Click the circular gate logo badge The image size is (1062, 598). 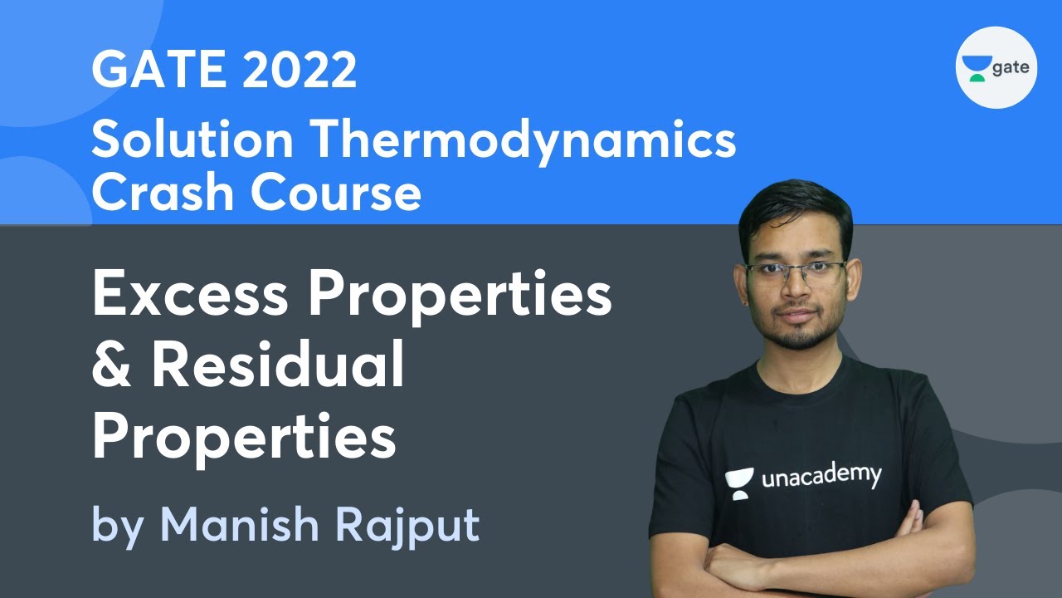point(996,67)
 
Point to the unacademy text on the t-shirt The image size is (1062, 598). point(821,476)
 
